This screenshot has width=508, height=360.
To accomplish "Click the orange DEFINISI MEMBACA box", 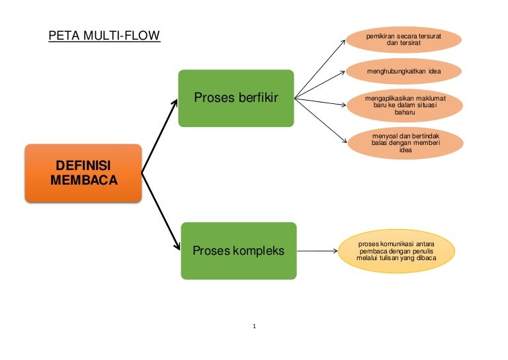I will point(83,172).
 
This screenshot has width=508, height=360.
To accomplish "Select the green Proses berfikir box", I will point(235,98).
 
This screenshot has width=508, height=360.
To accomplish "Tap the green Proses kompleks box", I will point(238,251).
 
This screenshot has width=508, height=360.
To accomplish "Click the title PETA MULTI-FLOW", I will point(104,35).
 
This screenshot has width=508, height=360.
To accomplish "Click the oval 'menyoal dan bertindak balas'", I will point(405,143).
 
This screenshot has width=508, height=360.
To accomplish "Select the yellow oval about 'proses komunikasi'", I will point(396,251).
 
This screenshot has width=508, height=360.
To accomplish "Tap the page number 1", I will point(254,326).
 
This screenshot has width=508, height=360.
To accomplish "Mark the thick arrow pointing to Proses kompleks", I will point(161,210).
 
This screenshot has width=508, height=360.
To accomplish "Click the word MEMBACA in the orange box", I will point(83,179).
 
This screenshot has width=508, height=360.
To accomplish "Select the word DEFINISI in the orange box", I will point(83,164).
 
